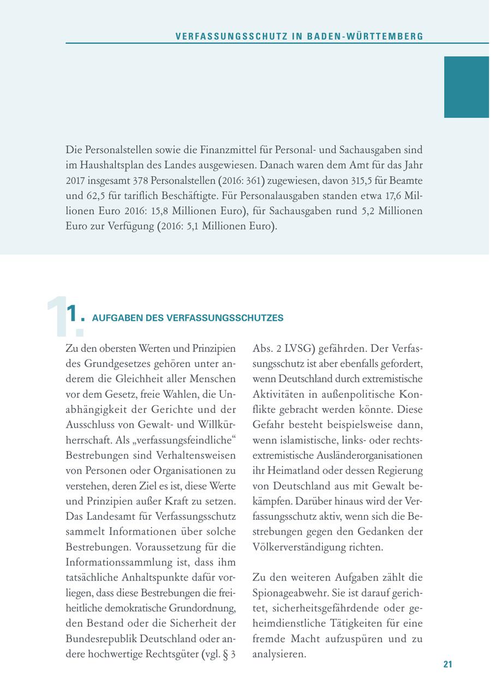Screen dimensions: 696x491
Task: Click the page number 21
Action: (x=448, y=664)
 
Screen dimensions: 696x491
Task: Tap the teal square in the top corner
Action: (x=466, y=87)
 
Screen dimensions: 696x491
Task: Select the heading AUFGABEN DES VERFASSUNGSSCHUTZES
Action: (x=188, y=318)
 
